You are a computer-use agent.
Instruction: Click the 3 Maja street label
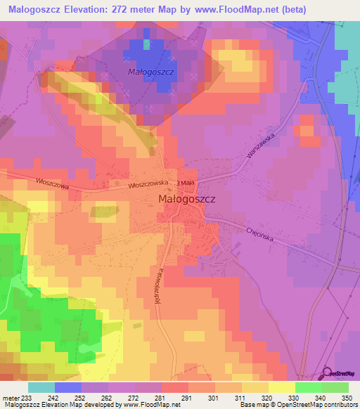click(x=186, y=182)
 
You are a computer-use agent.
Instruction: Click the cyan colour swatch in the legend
click(x=41, y=387)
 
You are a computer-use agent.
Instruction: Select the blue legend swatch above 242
click(x=68, y=387)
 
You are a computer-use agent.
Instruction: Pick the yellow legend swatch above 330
click(x=282, y=387)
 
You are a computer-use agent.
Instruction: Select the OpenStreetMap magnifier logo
click(x=328, y=372)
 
